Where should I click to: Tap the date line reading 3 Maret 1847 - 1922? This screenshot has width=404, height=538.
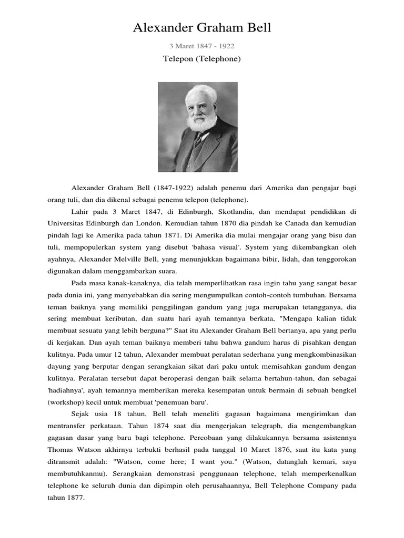(202, 46)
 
